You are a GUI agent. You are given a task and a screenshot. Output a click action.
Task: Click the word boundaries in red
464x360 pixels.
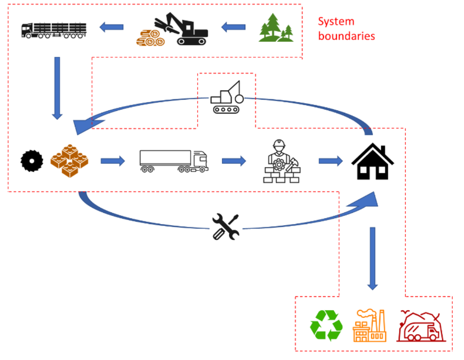click(346, 36)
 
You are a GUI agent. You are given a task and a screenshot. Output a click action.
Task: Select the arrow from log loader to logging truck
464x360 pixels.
click(111, 26)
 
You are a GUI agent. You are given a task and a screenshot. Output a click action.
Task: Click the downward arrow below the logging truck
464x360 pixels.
click(57, 87)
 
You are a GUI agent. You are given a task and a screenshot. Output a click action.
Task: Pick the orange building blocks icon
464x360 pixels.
click(69, 161)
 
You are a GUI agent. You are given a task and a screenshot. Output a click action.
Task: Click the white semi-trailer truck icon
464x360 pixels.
click(173, 161)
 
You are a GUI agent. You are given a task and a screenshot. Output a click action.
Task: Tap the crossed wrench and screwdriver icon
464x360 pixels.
click(226, 227)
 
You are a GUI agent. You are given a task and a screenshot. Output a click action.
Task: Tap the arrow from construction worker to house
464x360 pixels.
click(330, 161)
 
